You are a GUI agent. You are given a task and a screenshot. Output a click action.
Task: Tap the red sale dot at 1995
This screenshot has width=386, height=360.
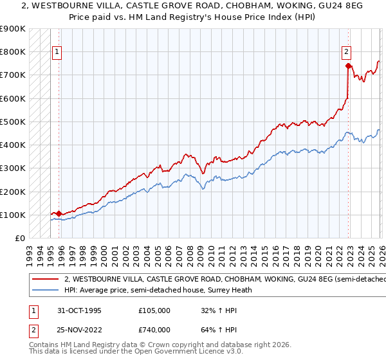(59, 213)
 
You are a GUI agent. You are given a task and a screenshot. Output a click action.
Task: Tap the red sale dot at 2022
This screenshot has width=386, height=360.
(348, 66)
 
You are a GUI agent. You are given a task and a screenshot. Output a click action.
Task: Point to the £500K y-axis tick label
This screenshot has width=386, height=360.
(13, 122)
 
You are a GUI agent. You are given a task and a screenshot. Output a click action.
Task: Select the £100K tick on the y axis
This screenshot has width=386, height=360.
(13, 215)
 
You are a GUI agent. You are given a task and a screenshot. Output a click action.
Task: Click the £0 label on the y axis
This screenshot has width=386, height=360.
(19, 239)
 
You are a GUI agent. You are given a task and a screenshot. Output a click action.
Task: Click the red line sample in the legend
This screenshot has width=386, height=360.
(45, 279)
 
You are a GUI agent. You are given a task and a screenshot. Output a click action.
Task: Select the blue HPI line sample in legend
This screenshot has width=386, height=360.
(45, 290)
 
